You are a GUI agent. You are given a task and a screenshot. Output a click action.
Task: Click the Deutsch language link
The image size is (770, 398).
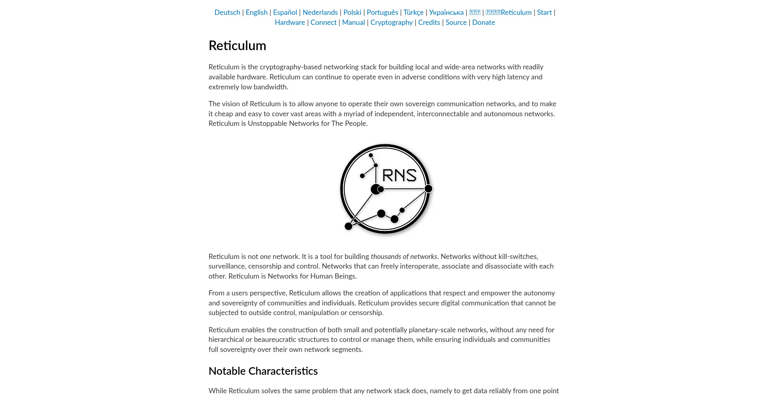tap(227, 12)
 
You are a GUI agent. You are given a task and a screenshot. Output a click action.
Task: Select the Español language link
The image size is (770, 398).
tap(285, 12)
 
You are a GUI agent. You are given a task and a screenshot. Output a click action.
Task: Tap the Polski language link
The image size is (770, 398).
tap(352, 12)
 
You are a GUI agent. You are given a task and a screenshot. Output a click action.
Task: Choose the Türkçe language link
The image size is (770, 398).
tap(413, 12)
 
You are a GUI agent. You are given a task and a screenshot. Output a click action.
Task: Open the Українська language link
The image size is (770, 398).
tap(446, 12)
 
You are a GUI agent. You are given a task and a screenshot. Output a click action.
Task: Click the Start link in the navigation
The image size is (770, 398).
tap(544, 12)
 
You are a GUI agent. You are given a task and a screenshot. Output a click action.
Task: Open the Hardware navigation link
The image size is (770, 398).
tap(290, 22)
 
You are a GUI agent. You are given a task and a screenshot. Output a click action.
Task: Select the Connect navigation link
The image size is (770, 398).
tap(323, 22)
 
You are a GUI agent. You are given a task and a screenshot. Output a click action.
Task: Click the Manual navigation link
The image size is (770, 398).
tap(353, 22)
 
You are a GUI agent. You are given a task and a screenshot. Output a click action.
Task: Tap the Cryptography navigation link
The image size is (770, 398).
tap(391, 22)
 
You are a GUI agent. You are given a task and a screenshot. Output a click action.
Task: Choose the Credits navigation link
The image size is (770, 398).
tap(429, 22)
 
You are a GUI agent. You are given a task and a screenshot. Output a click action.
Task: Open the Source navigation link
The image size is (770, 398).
tap(456, 22)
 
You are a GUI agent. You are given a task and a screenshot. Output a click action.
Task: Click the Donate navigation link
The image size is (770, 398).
tap(483, 22)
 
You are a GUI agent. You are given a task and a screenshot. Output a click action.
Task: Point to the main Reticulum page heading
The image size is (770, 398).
tap(237, 46)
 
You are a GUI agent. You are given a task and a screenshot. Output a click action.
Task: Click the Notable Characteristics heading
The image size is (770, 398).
tap(263, 371)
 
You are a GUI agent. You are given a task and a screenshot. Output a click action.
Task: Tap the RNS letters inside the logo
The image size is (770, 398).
tap(399, 175)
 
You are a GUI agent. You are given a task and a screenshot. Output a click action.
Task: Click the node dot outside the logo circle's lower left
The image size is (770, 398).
tap(349, 226)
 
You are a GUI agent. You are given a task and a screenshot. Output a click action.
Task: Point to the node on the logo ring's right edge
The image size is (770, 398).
tap(428, 188)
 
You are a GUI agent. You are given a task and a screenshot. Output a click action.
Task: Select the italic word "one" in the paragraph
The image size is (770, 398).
tap(265, 257)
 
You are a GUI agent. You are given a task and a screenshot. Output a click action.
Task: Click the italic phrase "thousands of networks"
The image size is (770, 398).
tap(404, 257)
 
